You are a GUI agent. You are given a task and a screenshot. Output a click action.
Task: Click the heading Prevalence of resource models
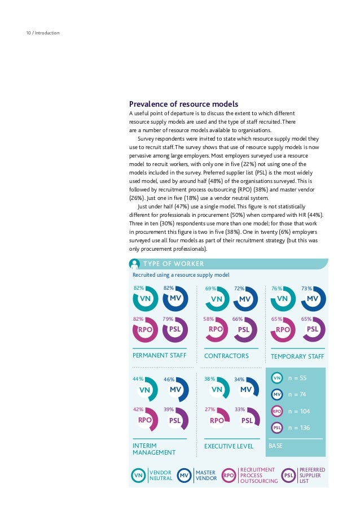coord(183,104)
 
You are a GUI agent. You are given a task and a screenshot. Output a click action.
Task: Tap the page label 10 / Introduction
coord(42,33)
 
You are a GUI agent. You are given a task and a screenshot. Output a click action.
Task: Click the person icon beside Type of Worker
coord(134,264)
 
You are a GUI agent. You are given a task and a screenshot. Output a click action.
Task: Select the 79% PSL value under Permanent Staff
coord(168,319)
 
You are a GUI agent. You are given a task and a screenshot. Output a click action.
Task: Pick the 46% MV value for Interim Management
coord(169,380)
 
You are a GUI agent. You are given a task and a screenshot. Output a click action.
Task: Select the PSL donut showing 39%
coord(175,420)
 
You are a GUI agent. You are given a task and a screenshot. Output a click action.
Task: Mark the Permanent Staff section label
coord(159,356)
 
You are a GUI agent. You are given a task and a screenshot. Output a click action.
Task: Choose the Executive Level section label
coord(229,447)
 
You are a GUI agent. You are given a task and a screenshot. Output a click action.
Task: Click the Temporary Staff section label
coord(297,356)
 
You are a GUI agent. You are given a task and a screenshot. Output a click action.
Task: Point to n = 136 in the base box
coord(298,428)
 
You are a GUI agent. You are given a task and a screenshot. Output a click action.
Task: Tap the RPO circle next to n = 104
coord(276,412)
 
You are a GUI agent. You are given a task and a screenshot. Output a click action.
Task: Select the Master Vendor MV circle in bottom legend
coord(184,476)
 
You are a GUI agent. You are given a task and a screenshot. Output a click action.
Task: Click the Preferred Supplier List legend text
coord(312,476)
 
